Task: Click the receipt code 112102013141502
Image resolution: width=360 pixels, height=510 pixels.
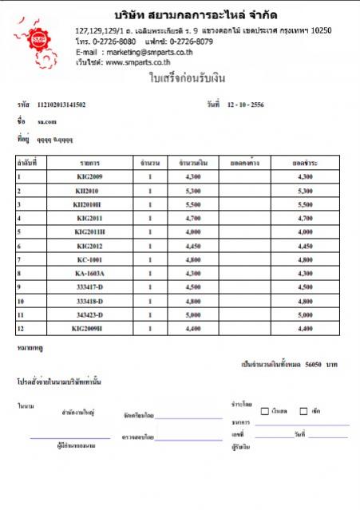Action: click(x=61, y=105)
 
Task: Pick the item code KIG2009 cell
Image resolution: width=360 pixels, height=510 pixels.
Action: click(x=89, y=176)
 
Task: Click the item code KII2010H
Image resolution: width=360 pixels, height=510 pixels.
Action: click(x=89, y=204)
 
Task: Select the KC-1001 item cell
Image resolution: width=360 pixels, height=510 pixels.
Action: click(x=89, y=260)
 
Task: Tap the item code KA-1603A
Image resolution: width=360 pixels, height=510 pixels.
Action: click(x=89, y=274)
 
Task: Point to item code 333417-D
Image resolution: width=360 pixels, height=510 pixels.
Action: click(x=89, y=287)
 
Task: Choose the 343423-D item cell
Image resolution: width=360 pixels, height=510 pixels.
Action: click(x=89, y=315)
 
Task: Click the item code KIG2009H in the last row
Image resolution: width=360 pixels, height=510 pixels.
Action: click(x=88, y=329)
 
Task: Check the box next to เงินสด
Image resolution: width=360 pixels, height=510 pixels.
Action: click(x=266, y=411)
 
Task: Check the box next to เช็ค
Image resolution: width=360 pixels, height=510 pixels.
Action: click(x=303, y=411)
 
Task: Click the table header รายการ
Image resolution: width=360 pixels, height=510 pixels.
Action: click(x=89, y=162)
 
